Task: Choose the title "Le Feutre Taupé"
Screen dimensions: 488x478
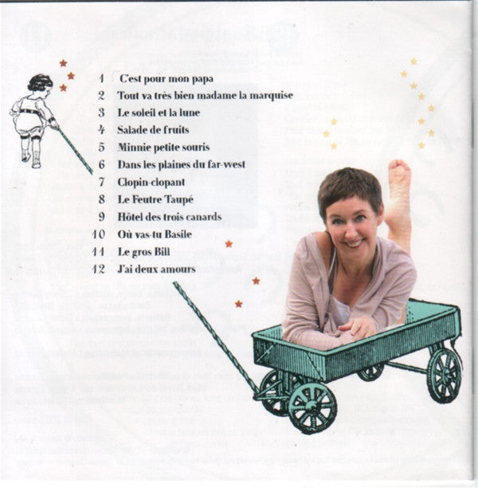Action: [155, 199]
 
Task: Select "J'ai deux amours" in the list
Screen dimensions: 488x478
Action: [156, 270]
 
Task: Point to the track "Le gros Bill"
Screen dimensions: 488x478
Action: [143, 252]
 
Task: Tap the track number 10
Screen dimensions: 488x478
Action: [99, 234]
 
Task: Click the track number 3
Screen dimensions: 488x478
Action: [101, 112]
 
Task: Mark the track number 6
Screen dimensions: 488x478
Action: [101, 164]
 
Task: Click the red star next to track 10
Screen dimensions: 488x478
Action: [229, 244]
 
